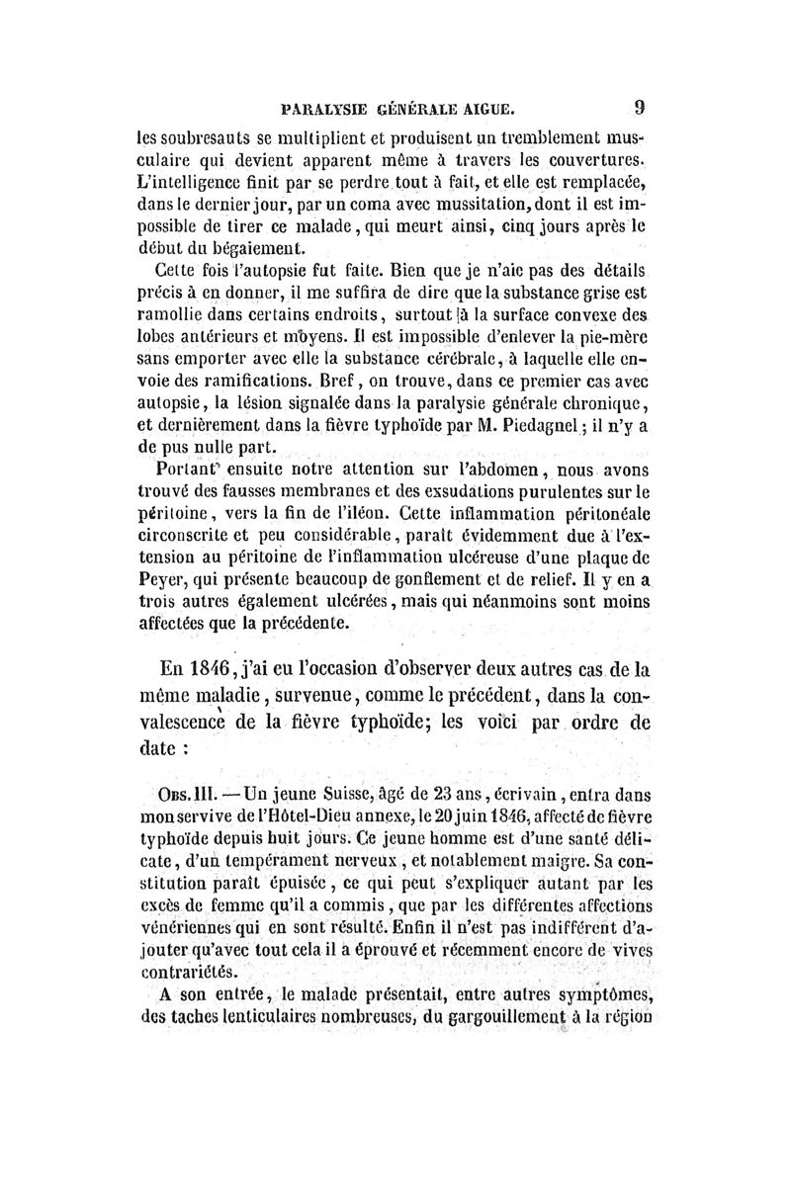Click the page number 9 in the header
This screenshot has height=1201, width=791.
pyautogui.click(x=641, y=106)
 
